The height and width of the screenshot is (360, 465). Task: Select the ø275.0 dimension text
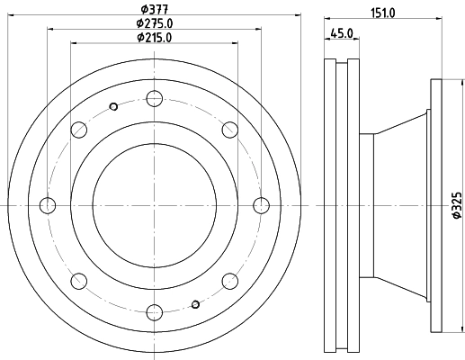pyautogui.click(x=154, y=23)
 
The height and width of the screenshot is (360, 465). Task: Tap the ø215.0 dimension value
pyautogui.click(x=154, y=38)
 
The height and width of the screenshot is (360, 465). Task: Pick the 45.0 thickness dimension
pyautogui.click(x=341, y=34)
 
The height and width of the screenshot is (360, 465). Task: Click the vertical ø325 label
pyautogui.click(x=455, y=207)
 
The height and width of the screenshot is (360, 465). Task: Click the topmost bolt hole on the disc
pyautogui.click(x=154, y=98)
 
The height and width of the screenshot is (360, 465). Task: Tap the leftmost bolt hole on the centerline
pyautogui.click(x=48, y=205)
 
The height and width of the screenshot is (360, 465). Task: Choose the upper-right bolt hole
pyautogui.click(x=229, y=130)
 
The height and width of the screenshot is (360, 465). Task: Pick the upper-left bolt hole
pyautogui.click(x=78, y=130)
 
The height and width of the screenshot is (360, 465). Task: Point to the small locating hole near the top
pyautogui.click(x=113, y=107)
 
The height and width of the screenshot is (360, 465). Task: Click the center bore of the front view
pyautogui.click(x=154, y=205)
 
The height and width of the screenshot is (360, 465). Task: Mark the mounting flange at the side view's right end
pyautogui.click(x=437, y=205)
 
